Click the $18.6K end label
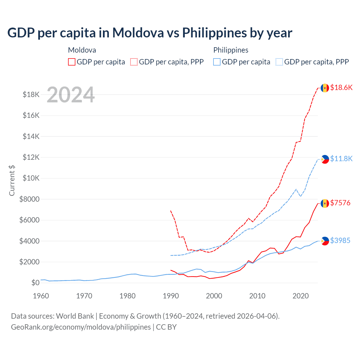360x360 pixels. pyautogui.click(x=341, y=87)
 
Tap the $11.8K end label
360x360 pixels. pyautogui.click(x=341, y=159)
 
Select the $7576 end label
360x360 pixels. pyautogui.click(x=340, y=203)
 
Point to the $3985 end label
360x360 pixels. pyautogui.click(x=340, y=240)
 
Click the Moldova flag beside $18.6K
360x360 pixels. pyautogui.click(x=325, y=88)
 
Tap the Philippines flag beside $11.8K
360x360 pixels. pyautogui.click(x=325, y=159)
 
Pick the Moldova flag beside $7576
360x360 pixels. pyautogui.click(x=325, y=203)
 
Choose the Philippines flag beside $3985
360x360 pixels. pyautogui.click(x=325, y=241)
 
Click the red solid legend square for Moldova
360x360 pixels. pyautogui.click(x=72, y=62)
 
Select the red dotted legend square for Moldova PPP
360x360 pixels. pyautogui.click(x=134, y=62)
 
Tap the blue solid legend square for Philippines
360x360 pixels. pyautogui.click(x=217, y=62)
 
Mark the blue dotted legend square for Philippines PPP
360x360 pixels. pyautogui.click(x=279, y=62)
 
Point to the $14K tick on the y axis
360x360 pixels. pyautogui.click(x=31, y=136)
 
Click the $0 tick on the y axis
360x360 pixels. pyautogui.click(x=35, y=283)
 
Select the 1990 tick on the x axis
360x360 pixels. pyautogui.click(x=171, y=296)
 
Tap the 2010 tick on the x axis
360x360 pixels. pyautogui.click(x=257, y=296)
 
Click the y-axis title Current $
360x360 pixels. pyautogui.click(x=12, y=180)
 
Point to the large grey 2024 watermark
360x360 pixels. pyautogui.click(x=71, y=95)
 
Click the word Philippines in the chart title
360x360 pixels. pyautogui.click(x=213, y=33)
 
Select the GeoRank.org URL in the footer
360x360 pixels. pyautogui.click(x=81, y=327)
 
